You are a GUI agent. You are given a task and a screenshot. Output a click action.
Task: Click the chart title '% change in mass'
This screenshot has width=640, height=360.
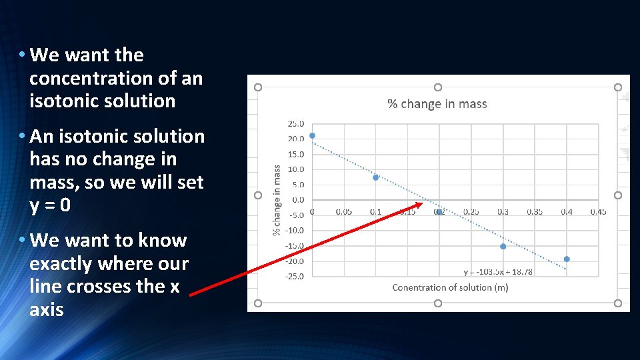(x=437, y=104)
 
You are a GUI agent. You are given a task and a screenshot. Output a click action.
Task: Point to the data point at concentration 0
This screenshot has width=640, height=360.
(x=312, y=135)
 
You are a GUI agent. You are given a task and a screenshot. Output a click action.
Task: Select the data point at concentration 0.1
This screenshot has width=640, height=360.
(x=376, y=177)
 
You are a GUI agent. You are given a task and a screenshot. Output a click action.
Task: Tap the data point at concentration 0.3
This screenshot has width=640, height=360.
(x=503, y=247)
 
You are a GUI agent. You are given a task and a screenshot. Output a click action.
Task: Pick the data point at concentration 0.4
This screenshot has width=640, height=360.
(x=567, y=259)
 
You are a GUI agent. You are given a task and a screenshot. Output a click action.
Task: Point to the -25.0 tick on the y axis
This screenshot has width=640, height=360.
(x=295, y=276)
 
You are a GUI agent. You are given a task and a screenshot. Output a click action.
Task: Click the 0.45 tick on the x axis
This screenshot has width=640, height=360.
(x=598, y=212)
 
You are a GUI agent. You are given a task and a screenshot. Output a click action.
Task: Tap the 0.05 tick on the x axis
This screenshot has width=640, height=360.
(x=344, y=212)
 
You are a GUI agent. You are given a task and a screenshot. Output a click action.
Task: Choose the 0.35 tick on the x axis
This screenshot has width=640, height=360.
(x=535, y=212)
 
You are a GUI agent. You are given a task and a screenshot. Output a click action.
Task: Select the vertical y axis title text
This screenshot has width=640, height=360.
(x=277, y=200)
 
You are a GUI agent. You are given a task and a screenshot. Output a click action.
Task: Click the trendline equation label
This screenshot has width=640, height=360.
(x=498, y=271)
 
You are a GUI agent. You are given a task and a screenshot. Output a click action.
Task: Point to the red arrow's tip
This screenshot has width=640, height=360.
(x=424, y=203)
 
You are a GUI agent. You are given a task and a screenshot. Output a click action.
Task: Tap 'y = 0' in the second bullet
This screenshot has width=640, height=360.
(x=50, y=205)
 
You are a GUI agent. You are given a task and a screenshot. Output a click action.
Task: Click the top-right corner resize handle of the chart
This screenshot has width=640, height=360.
(x=617, y=87)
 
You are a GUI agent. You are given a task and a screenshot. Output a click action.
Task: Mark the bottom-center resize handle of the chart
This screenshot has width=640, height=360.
(x=437, y=303)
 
